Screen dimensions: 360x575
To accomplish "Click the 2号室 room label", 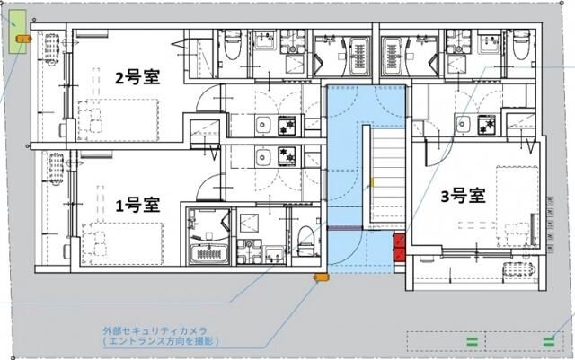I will [137, 77].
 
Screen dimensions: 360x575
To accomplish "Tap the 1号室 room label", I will [137, 203].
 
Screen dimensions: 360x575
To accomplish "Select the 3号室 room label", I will [463, 195].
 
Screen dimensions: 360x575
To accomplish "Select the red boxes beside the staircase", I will [399, 248].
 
